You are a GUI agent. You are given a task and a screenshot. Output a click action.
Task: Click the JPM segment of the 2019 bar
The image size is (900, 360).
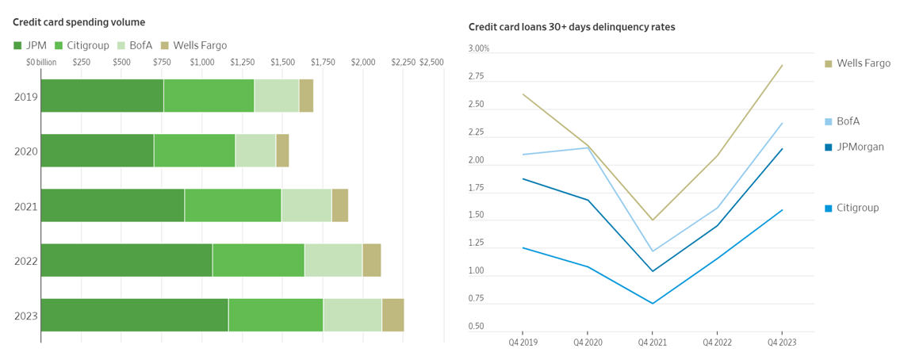(101, 96)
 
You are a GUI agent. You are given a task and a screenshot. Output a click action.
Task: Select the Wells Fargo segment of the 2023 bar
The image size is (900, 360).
(393, 315)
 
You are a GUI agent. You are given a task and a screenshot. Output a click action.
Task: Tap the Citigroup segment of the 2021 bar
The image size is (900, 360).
(232, 205)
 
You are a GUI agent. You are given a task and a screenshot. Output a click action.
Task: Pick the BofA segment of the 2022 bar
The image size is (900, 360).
(333, 260)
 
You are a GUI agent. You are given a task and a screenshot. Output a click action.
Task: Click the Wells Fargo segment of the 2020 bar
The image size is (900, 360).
(282, 151)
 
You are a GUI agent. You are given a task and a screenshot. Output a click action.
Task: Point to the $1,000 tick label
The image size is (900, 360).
(202, 62)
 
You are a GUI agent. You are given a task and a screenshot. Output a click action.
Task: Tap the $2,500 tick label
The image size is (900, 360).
(431, 62)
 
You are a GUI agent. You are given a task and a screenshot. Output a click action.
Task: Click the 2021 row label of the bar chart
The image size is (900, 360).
(26, 206)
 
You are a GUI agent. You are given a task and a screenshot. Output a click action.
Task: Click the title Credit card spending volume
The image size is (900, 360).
(79, 22)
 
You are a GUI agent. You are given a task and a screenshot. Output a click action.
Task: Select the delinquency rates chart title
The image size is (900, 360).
(572, 28)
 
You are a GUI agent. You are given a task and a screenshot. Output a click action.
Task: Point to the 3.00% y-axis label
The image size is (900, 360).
(480, 49)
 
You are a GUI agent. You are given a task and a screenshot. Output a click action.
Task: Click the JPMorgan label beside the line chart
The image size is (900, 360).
(860, 147)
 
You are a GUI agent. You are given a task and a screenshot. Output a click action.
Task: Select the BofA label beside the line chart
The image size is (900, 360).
(848, 121)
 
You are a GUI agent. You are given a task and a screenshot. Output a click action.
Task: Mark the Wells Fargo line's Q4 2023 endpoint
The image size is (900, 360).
(782, 65)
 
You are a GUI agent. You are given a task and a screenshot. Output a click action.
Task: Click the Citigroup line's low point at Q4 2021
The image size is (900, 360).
(652, 304)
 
